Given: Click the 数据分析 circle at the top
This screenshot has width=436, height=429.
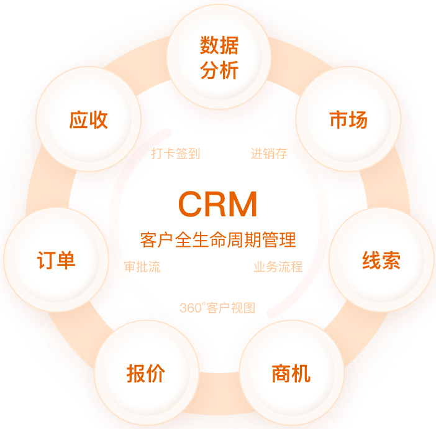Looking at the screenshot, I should point(219,57).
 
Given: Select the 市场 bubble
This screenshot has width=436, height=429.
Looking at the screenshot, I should point(348,119).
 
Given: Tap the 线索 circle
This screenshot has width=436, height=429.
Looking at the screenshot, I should point(381,260).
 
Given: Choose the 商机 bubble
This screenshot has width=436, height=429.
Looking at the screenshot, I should point(291,373).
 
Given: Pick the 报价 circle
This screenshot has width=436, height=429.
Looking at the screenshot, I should point(146,373).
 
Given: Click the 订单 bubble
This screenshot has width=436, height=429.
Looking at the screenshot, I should point(56,260).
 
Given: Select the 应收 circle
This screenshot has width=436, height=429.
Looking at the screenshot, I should point(88,119).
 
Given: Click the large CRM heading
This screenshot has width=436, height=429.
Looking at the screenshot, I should point(218,204).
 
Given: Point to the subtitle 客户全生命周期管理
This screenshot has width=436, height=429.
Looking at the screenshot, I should point(218,239).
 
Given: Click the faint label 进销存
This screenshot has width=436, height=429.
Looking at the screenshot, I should point(269,154).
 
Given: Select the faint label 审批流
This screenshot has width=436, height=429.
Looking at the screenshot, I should point(142,267).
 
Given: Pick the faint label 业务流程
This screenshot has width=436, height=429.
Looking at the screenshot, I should point(278,267).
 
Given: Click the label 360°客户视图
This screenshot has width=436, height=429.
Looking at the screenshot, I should point(217,308).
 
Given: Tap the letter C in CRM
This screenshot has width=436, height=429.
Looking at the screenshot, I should point(190,204).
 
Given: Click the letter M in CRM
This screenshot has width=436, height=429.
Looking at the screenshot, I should point(243,204).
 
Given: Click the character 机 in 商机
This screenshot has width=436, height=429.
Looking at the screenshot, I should point(301,373).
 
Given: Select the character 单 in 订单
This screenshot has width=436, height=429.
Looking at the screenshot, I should point(66,260).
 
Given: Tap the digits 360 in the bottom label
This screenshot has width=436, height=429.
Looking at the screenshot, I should point(189,308).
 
